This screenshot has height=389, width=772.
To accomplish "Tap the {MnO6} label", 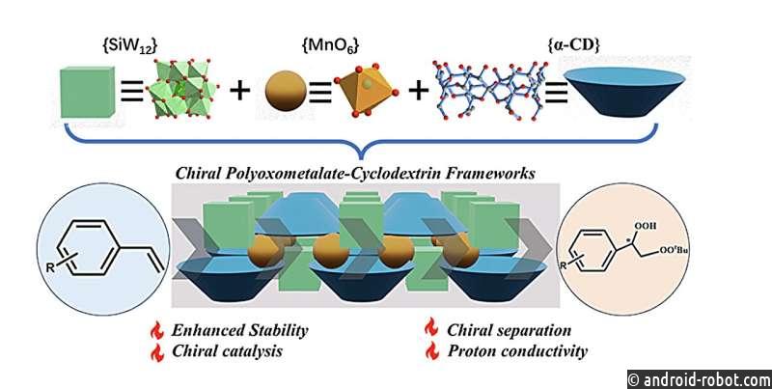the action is [329, 47].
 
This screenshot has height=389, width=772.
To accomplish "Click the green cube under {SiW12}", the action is [88, 93].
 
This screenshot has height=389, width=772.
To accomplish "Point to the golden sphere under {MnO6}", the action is [286, 91].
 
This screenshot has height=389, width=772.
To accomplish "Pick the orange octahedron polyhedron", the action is [365, 90].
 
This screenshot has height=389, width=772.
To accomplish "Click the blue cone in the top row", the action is [623, 92].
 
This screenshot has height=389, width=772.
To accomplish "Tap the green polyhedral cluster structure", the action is [183, 89].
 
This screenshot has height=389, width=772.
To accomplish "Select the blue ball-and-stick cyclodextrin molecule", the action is [491, 90].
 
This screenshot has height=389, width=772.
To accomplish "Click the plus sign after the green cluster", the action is [240, 92].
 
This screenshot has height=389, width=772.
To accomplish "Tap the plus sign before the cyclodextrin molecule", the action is [418, 92].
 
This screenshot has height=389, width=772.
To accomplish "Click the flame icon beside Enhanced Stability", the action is [157, 330].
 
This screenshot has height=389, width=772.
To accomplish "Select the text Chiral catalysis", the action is [227, 351].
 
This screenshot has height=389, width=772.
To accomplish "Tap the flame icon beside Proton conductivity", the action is [431, 350].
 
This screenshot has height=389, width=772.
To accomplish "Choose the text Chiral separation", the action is [510, 330].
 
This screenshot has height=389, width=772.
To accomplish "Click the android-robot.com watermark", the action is [700, 379].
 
